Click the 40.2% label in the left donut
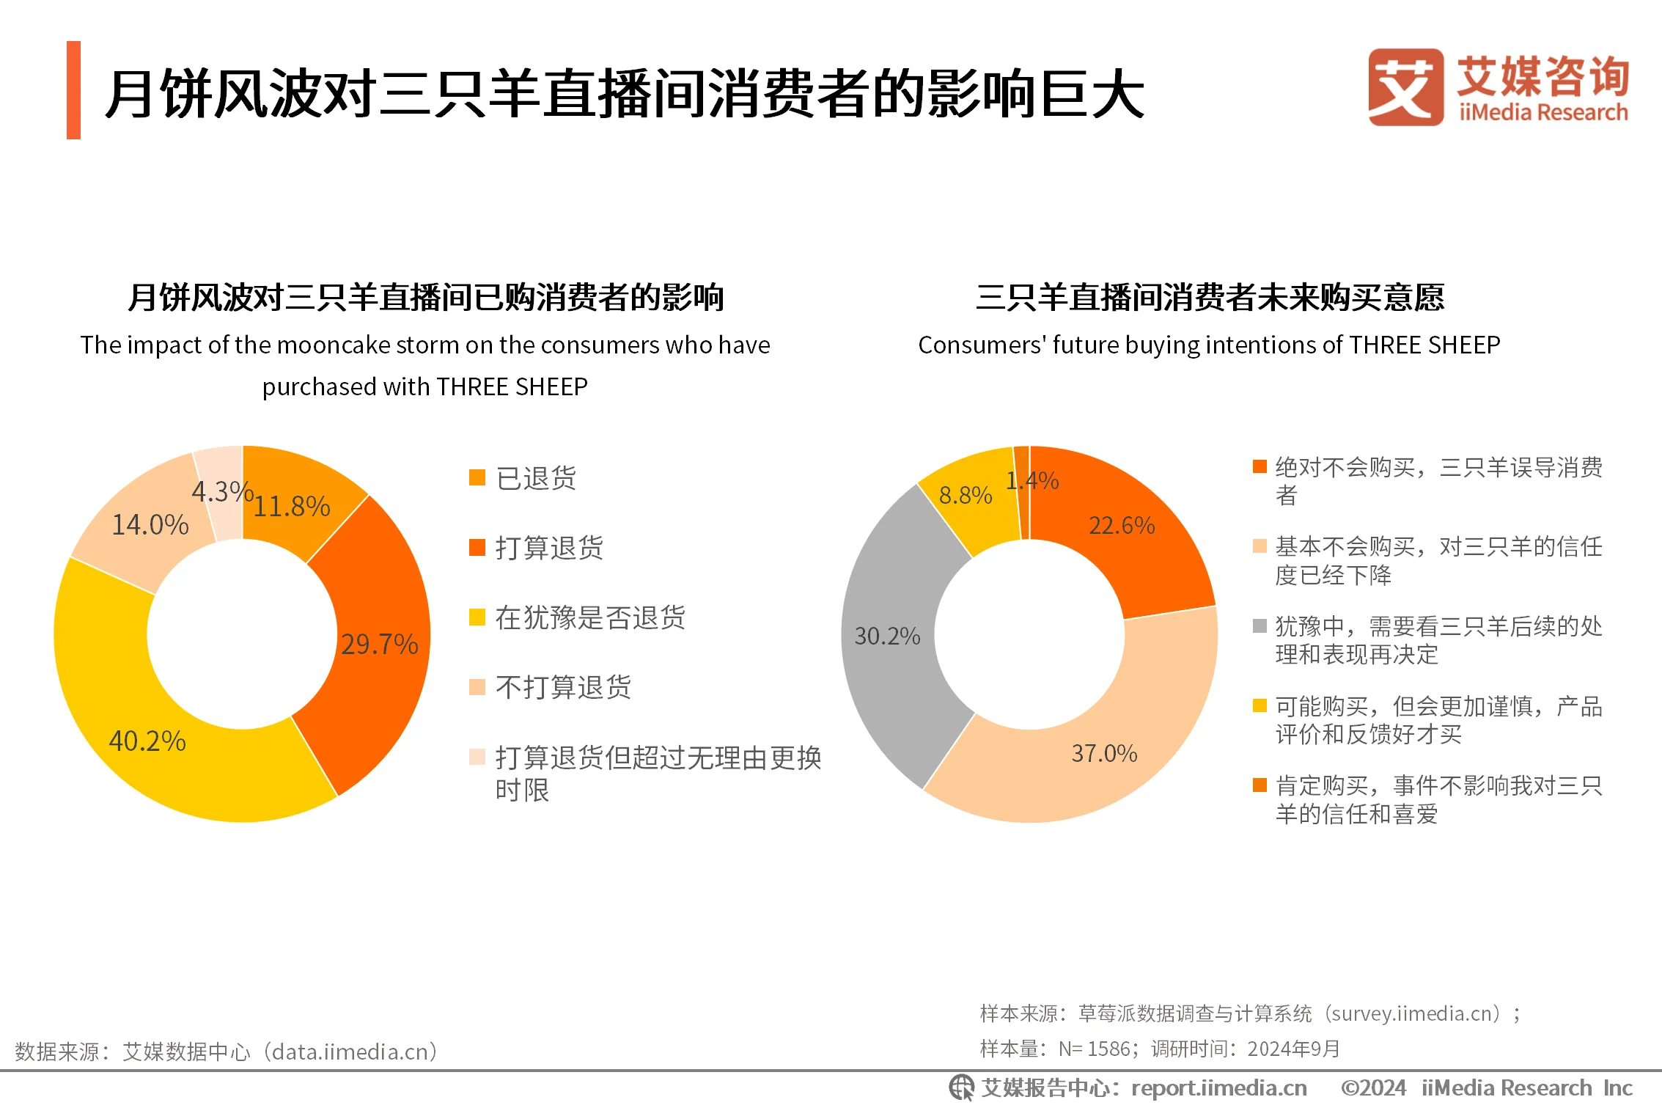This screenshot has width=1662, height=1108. (147, 741)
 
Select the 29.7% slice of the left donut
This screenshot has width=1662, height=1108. (379, 644)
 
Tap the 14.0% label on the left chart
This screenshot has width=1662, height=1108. (150, 524)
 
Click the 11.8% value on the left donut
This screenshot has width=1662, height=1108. (291, 506)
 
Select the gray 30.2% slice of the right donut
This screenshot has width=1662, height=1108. (887, 635)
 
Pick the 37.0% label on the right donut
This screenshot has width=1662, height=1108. (1104, 753)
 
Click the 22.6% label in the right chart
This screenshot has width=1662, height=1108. (1122, 525)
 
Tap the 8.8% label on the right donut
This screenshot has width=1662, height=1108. (966, 495)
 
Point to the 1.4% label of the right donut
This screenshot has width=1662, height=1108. (1032, 480)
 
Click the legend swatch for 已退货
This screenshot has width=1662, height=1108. (477, 477)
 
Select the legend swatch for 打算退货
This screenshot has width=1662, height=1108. (477, 547)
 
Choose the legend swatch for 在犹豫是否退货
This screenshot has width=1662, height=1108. (477, 617)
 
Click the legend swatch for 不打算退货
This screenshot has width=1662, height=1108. (477, 687)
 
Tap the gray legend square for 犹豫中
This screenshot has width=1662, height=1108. (1260, 625)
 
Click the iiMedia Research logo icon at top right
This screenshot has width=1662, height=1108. (1405, 87)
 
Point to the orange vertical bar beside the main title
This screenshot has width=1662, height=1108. (73, 89)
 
